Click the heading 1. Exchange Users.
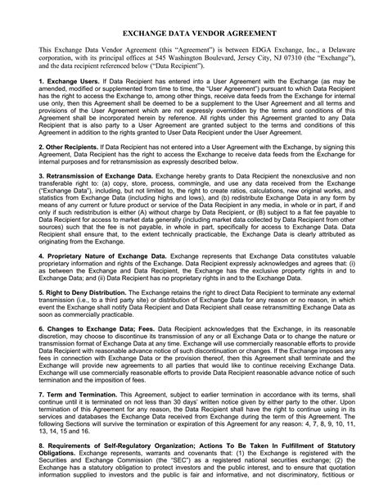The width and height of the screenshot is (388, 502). pos(68,83)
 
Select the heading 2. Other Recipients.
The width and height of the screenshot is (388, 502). pos(74,147)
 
